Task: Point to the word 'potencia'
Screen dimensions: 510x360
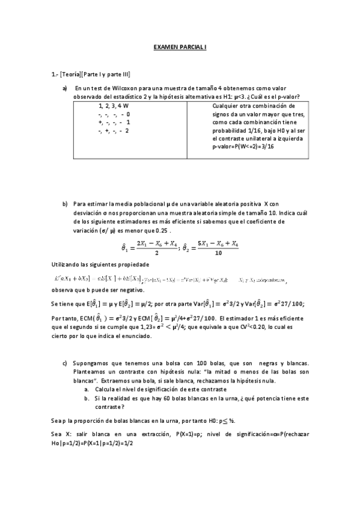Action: pyautogui.click(x=266, y=398)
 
